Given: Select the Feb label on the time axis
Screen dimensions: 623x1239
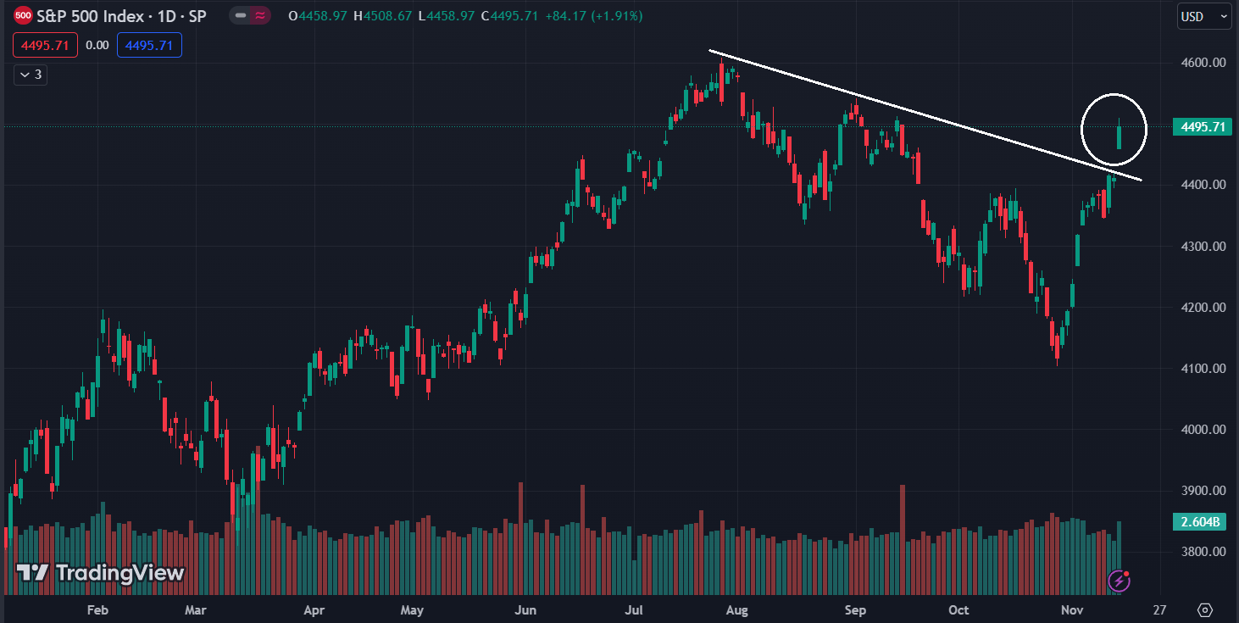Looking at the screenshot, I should point(97,609).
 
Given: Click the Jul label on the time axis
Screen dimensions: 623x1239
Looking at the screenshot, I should point(632,609).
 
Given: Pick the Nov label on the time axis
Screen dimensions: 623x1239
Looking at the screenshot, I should point(1073,609).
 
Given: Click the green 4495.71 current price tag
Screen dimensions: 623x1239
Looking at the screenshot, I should point(1202,127).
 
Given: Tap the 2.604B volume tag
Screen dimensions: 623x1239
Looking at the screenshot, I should point(1202,521).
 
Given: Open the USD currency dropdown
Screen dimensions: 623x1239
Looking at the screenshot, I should point(1203,16).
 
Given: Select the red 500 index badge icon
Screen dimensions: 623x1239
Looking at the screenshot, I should point(24,15).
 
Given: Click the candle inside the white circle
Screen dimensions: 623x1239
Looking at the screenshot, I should point(1120,136).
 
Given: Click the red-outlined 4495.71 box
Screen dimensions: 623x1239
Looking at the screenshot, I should point(45,45).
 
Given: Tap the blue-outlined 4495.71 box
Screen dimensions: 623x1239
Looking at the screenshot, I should point(149,45).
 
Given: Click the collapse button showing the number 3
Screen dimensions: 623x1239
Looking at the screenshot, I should point(31,75).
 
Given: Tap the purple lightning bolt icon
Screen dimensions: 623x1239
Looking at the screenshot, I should point(1120,581).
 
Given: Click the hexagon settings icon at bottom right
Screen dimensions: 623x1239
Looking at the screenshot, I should point(1205,609).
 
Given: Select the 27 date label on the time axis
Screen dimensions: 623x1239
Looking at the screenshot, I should point(1159,609).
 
